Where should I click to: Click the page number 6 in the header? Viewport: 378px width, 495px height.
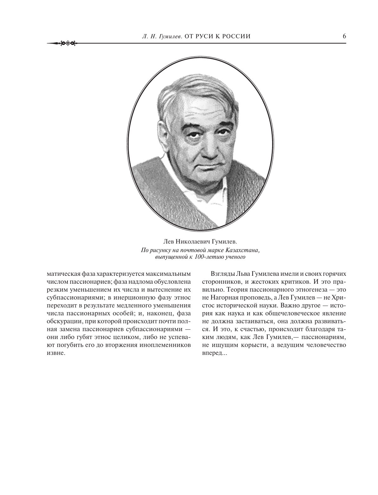click(344, 36)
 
